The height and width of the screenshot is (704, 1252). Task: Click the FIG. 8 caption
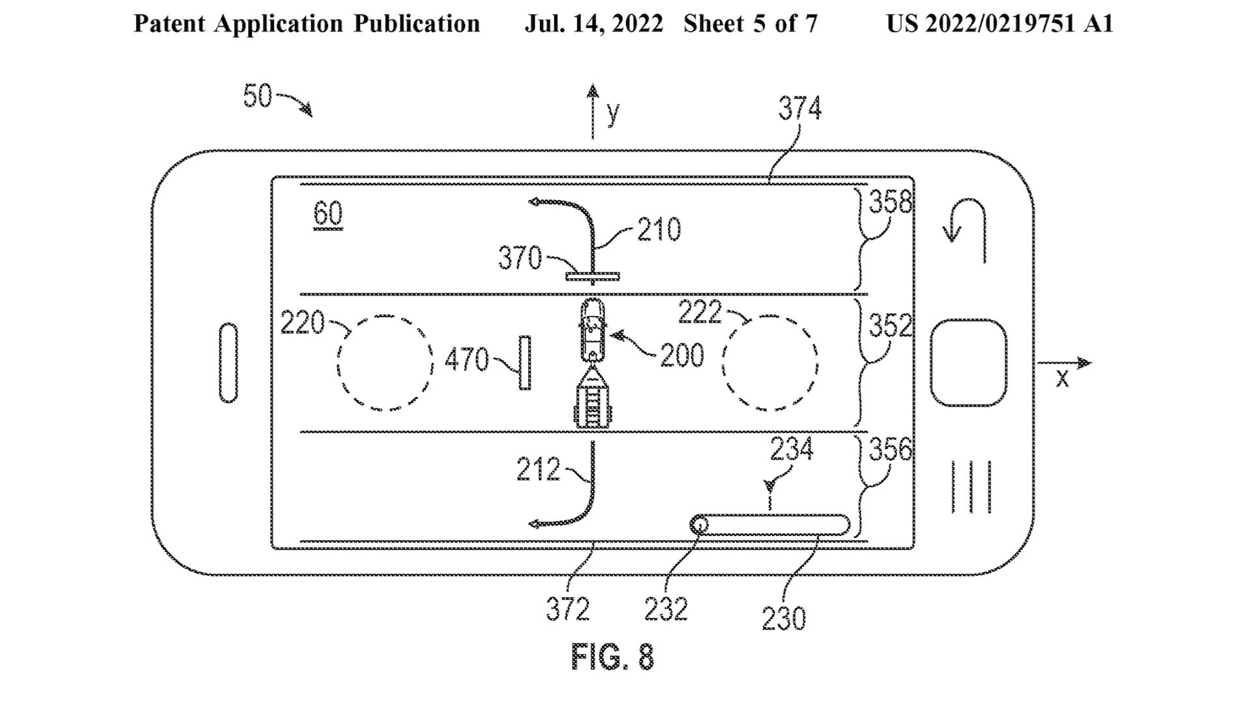[612, 656]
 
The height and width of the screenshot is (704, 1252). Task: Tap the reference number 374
[800, 109]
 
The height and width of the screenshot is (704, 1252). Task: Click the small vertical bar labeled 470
[524, 363]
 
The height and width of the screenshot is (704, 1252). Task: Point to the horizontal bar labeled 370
[593, 276]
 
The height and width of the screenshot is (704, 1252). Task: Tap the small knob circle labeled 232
[700, 525]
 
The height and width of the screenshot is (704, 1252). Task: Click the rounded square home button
[968, 362]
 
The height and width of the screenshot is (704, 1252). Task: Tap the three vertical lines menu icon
[971, 486]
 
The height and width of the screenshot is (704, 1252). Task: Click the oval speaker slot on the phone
[229, 362]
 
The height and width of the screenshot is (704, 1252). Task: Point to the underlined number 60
[328, 214]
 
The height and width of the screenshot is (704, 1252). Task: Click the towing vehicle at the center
[592, 329]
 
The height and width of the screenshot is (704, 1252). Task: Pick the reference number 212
[538, 469]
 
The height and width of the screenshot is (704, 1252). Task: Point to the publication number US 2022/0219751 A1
[1000, 24]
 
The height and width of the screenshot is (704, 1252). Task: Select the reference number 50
[257, 96]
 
